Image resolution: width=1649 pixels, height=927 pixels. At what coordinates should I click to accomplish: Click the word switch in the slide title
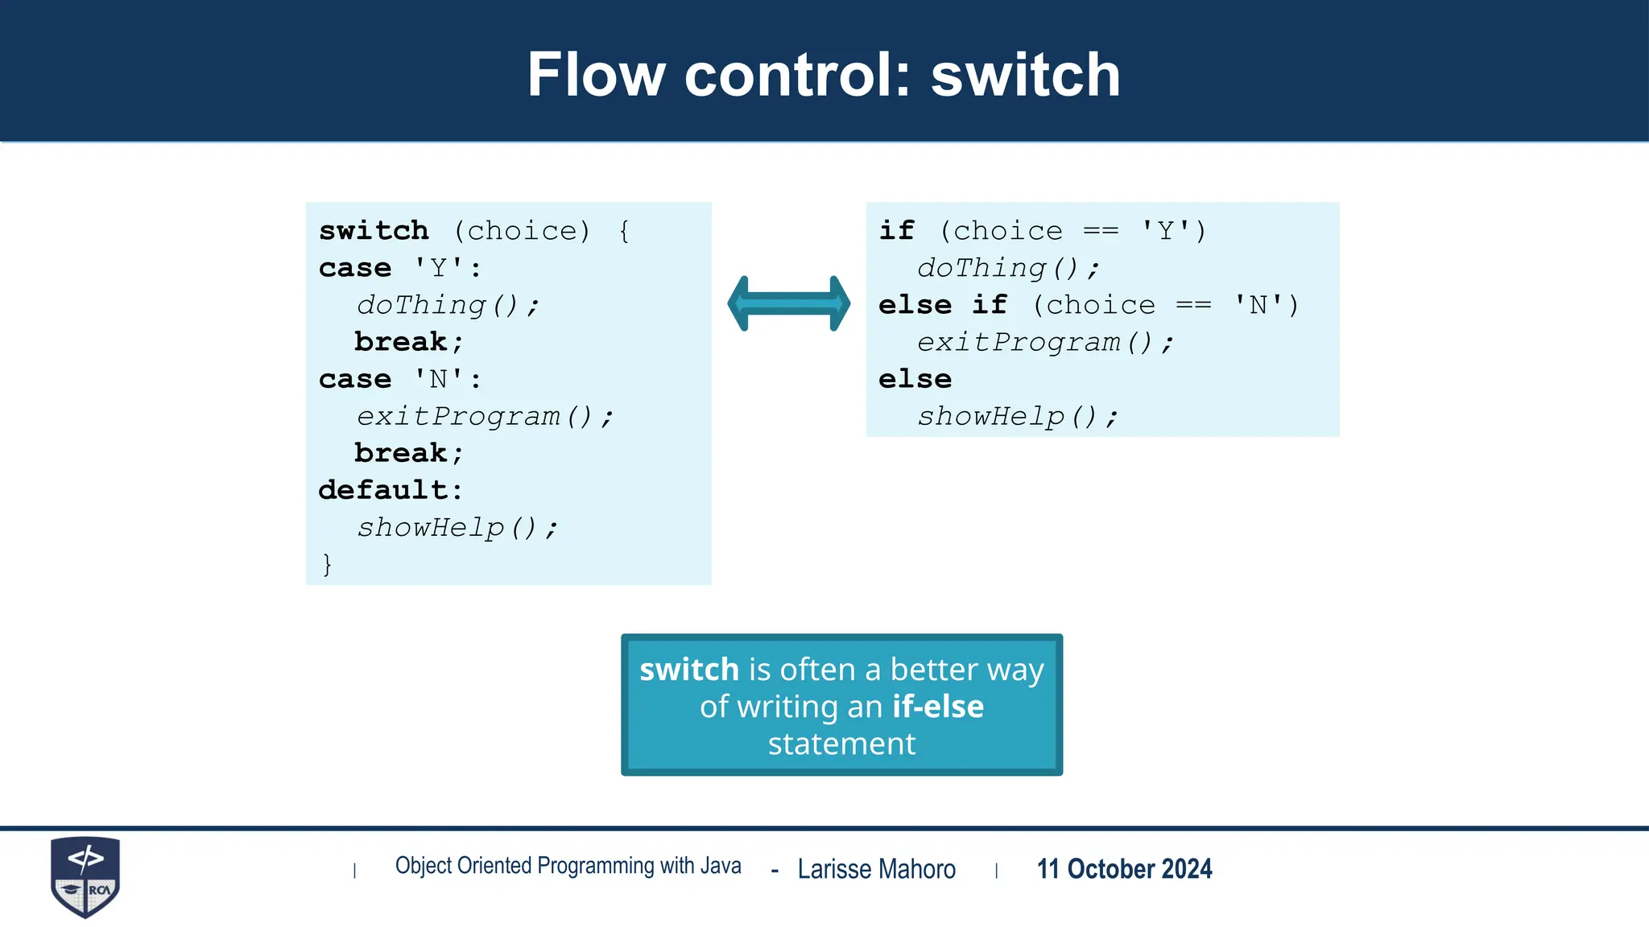point(1025,75)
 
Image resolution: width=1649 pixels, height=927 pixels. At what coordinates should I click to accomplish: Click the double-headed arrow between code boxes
point(788,303)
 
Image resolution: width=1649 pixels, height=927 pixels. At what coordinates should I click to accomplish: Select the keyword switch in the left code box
point(374,231)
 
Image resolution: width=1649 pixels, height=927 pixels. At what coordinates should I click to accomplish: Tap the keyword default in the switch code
point(383,490)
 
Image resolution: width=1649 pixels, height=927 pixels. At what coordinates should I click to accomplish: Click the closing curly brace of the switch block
point(326,564)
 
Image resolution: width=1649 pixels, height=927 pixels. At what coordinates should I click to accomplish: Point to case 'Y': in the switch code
point(400,268)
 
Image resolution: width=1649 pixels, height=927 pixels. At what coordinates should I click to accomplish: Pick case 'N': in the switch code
point(400,379)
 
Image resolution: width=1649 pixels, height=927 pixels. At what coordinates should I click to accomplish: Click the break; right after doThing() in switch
point(408,342)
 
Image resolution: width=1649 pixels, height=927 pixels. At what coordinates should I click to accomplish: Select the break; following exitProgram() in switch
point(408,453)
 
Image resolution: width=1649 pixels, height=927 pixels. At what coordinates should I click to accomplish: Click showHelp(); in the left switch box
point(456,528)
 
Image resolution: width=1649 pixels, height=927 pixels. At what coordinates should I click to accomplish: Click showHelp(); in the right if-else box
point(1017,417)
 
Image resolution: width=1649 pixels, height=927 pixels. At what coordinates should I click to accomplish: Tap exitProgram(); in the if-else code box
point(1044,343)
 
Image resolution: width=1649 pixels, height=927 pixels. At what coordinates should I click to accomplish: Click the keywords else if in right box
point(942,305)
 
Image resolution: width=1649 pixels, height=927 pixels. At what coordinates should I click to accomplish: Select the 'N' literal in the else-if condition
point(1258,305)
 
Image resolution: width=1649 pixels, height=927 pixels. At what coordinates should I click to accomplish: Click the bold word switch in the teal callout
point(688,669)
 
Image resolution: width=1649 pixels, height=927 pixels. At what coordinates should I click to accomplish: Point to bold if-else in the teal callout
point(937,707)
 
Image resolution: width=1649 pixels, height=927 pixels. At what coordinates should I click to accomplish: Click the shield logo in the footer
point(85,876)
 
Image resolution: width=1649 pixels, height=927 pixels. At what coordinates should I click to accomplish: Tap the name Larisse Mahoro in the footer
point(876,869)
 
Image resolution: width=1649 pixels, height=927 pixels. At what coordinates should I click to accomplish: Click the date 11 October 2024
point(1124,869)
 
